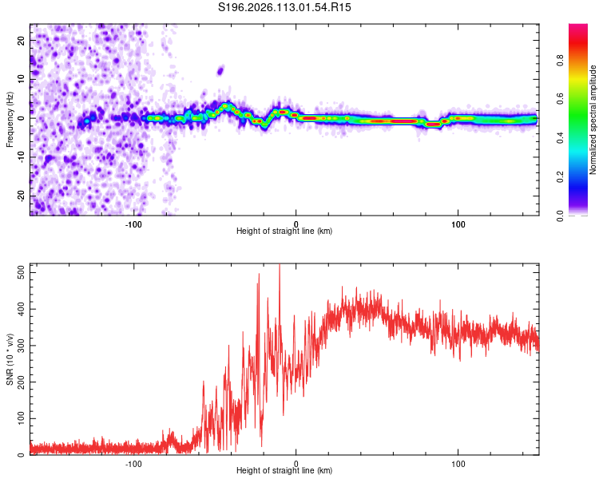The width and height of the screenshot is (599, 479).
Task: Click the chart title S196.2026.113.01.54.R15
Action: point(285,7)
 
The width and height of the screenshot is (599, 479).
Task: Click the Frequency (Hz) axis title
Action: point(10,119)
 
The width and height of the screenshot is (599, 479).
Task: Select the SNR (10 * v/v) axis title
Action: point(10,358)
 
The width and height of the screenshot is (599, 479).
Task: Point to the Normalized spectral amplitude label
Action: point(593,120)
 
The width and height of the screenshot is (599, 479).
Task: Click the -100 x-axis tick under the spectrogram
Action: point(133,223)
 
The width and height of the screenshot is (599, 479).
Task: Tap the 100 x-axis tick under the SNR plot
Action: point(458,463)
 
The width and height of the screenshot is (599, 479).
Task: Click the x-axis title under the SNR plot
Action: point(284,472)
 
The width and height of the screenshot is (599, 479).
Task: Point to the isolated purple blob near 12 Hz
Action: point(220,70)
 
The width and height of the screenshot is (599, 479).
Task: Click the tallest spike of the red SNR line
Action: point(280,267)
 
